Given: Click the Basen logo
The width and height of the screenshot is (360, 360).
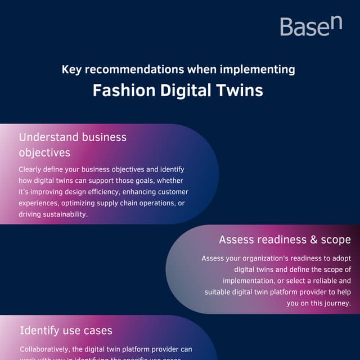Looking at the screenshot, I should pos(310,26).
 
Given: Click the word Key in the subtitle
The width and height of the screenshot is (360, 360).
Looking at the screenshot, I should pos(71,70).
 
